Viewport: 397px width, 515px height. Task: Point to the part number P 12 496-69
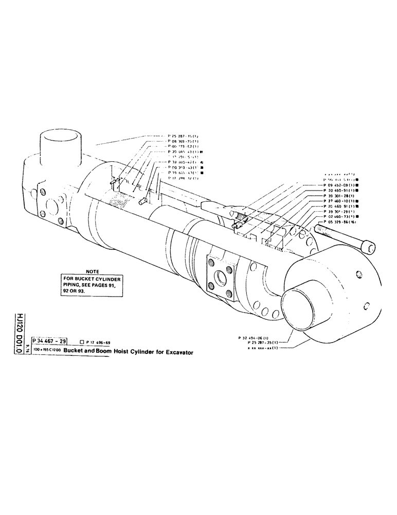101,342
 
